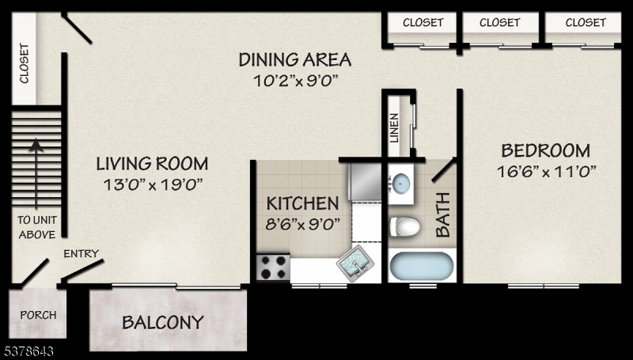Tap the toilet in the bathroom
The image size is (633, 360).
(x=404, y=225)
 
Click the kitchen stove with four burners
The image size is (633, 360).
(x=272, y=267)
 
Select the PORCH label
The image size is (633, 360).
(x=38, y=315)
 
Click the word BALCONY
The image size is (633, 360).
(x=162, y=323)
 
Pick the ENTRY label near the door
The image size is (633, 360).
(x=81, y=254)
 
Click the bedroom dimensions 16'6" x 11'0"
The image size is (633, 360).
(x=545, y=170)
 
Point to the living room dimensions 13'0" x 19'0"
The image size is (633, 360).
(x=151, y=184)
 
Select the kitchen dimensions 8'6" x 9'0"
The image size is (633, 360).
(x=302, y=223)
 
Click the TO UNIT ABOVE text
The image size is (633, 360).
(x=36, y=227)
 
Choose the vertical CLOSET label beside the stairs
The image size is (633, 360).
(x=24, y=63)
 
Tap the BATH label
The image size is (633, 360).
(x=443, y=214)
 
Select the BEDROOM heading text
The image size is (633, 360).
(x=545, y=150)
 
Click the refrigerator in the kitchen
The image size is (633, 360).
(x=366, y=181)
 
